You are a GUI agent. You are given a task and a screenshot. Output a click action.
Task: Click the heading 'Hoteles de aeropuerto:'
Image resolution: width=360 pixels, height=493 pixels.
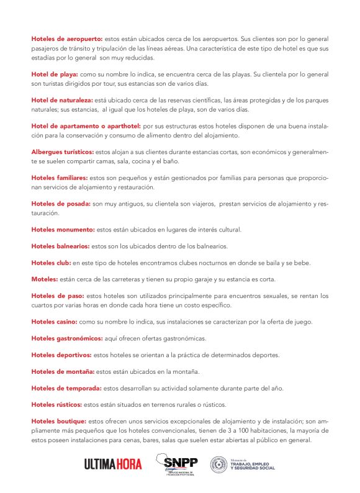tap(68, 38)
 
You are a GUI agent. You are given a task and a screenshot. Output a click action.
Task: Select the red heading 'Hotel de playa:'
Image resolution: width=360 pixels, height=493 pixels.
tap(54, 74)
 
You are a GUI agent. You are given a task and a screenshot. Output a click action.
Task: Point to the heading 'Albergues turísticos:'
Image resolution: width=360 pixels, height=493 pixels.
tap(63, 152)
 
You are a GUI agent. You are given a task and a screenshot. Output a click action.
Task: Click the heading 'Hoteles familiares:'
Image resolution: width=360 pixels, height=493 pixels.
tap(60, 178)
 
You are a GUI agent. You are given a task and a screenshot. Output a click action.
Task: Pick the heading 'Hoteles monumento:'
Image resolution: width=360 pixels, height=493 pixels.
tap(62, 229)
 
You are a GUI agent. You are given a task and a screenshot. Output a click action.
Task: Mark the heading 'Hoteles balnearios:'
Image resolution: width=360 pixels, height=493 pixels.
tap(60, 246)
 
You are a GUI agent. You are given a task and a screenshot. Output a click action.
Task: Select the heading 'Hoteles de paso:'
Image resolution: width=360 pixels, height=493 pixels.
tap(58, 296)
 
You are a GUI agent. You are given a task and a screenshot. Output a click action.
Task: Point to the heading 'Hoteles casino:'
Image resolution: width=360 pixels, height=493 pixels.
tap(54, 322)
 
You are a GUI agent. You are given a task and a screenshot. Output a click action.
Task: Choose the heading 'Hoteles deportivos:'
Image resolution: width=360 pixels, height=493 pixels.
tap(61, 355)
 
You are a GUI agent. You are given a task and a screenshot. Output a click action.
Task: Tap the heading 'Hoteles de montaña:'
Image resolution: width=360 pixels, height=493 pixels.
tap(63, 371)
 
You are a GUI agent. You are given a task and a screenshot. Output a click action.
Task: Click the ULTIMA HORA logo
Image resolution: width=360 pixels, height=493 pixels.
tap(109, 464)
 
